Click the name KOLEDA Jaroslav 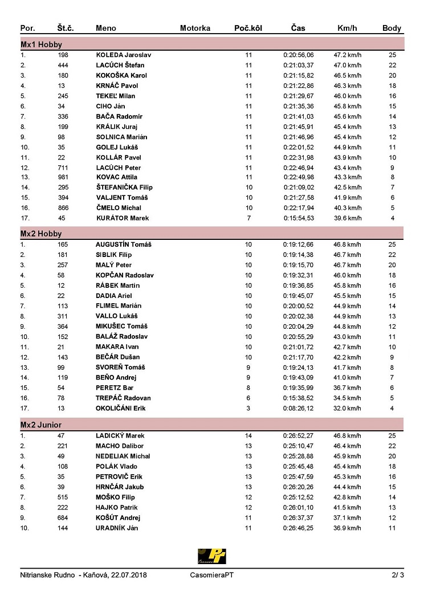coord(123,55)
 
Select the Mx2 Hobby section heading coord(41,234)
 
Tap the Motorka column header coord(195,28)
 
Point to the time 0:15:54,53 coord(298,218)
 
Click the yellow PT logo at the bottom coord(212,556)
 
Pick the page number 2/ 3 coord(398,575)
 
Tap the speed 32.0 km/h coord(347,409)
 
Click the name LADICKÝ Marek coord(120,436)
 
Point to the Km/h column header coord(347,28)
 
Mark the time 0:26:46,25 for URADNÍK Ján coord(298,528)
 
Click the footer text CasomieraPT coord(211,575)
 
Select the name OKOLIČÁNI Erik coord(120,409)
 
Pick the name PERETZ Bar coord(114,388)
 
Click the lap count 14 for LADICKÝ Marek coord(248,436)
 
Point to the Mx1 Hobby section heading coord(41,44)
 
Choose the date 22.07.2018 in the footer coord(128,575)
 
